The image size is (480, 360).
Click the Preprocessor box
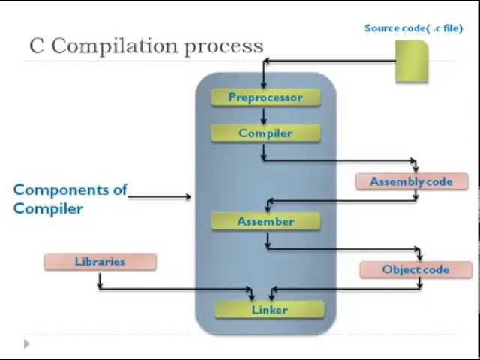(265, 97)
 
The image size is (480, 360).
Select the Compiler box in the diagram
(265, 133)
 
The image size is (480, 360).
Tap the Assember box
(265, 221)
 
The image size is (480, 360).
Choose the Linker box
(269, 310)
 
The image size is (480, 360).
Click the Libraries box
(100, 262)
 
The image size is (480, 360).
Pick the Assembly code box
(411, 181)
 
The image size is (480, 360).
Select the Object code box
(415, 269)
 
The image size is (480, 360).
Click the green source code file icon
(411, 61)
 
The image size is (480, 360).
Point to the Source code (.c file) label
(413, 28)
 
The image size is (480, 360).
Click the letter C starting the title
(37, 46)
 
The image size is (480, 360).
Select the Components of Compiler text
(70, 199)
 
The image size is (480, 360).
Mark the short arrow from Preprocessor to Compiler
(264, 115)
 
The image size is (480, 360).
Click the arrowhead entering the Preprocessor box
(264, 85)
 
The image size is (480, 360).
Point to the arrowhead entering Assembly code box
(415, 169)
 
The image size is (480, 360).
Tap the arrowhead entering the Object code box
(419, 256)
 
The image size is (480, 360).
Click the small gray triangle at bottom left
(27, 343)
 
